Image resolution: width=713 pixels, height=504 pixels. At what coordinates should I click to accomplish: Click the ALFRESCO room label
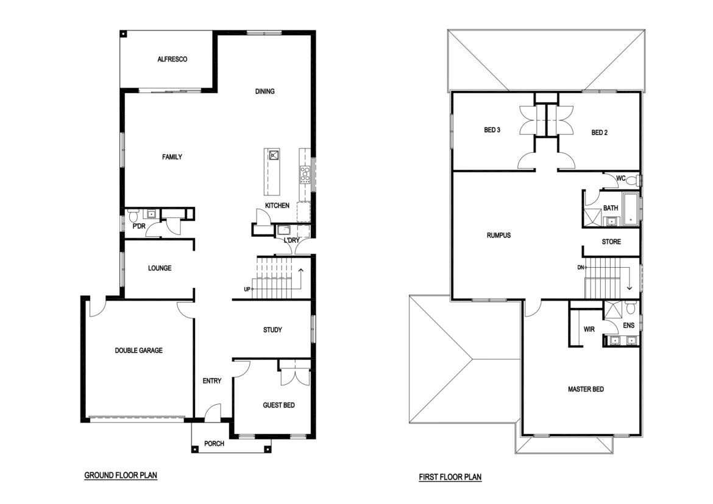pyautogui.click(x=172, y=59)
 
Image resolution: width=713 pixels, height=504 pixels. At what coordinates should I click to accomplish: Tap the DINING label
pyautogui.click(x=264, y=91)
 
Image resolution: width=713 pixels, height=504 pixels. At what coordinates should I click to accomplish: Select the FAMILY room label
pyautogui.click(x=172, y=157)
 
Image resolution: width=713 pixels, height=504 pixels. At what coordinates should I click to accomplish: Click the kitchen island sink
pyautogui.click(x=273, y=156)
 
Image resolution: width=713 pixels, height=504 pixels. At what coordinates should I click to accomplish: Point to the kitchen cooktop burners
pyautogui.click(x=305, y=175)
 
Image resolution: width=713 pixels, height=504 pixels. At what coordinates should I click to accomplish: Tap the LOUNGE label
pyautogui.click(x=160, y=268)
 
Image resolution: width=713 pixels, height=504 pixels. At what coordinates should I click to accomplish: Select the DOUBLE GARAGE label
pyautogui.click(x=139, y=351)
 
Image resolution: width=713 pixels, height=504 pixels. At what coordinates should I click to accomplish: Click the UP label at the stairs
pyautogui.click(x=247, y=289)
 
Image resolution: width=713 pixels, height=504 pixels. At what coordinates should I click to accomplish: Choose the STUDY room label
pyautogui.click(x=272, y=330)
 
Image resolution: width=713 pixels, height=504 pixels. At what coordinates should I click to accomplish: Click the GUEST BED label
pyautogui.click(x=278, y=405)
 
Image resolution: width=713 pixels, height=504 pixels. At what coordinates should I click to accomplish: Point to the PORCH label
pyautogui.click(x=214, y=444)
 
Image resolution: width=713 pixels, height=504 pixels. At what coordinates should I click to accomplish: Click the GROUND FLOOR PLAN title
pyautogui.click(x=121, y=475)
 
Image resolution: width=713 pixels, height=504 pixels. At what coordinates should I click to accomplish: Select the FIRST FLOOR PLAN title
pyautogui.click(x=450, y=477)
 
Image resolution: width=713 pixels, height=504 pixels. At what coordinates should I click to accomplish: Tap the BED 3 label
pyautogui.click(x=492, y=130)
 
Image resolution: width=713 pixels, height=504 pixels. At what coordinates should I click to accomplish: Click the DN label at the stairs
pyautogui.click(x=581, y=267)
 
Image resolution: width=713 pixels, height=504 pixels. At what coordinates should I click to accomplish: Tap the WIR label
pyautogui.click(x=589, y=329)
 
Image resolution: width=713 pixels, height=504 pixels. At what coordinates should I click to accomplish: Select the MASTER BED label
pyautogui.click(x=586, y=389)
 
